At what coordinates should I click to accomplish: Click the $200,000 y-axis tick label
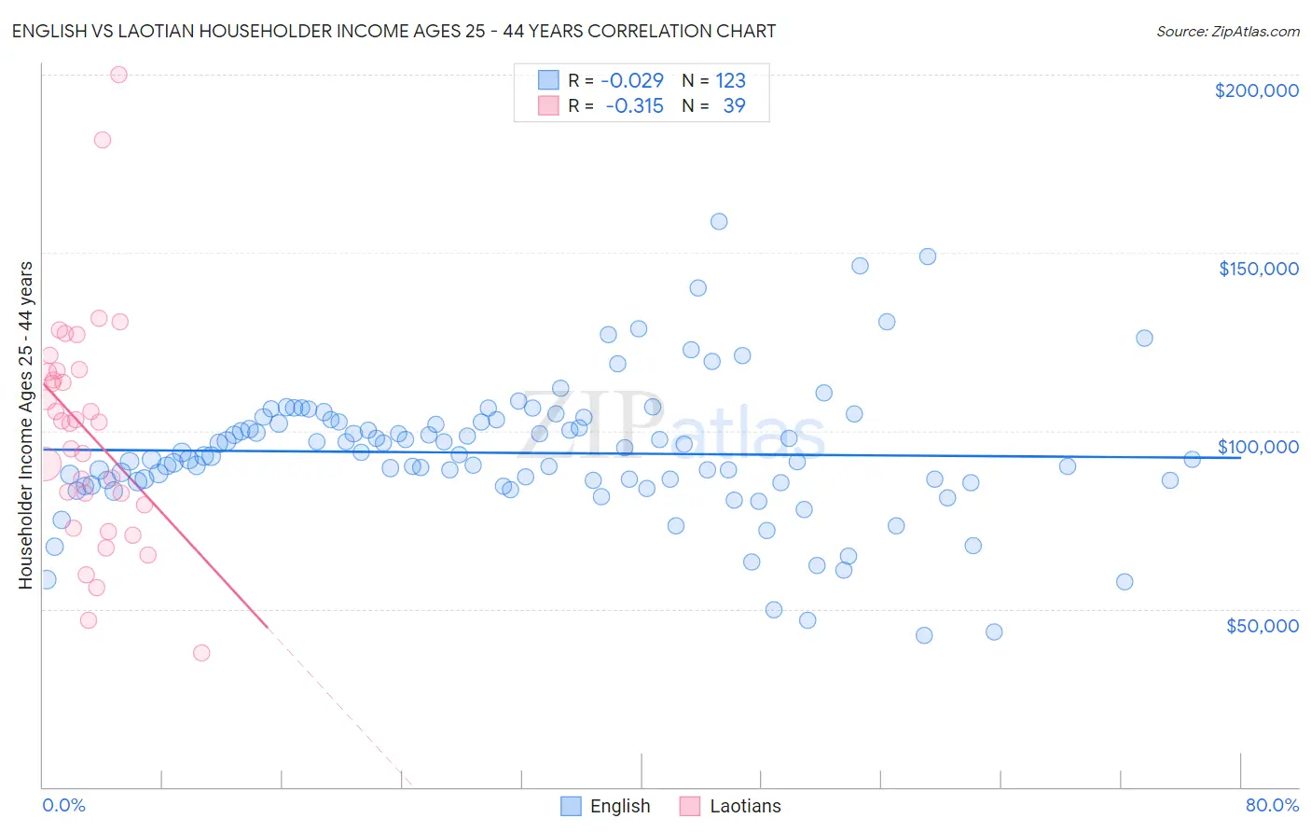1256,90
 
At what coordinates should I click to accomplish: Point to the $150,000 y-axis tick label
1258,269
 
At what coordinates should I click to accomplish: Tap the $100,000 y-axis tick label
1258,447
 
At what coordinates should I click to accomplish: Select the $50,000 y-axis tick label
1262,626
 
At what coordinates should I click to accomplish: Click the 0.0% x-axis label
63,805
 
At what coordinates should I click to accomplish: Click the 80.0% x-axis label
1272,805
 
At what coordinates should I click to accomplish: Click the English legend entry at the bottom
619,806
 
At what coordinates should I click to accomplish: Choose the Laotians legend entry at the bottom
744,806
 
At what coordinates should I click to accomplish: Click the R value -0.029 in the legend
631,80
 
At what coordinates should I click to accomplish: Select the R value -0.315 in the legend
634,105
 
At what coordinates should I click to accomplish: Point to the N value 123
730,80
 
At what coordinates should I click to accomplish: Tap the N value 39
734,105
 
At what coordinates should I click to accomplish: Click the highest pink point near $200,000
118,75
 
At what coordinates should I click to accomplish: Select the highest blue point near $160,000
719,221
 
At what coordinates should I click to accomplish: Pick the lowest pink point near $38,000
201,653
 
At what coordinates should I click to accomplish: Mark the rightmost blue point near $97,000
1192,459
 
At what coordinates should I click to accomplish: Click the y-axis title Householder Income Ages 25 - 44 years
25,425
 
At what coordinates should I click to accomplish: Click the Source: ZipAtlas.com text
1227,32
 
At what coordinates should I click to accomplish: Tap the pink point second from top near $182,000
103,140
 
